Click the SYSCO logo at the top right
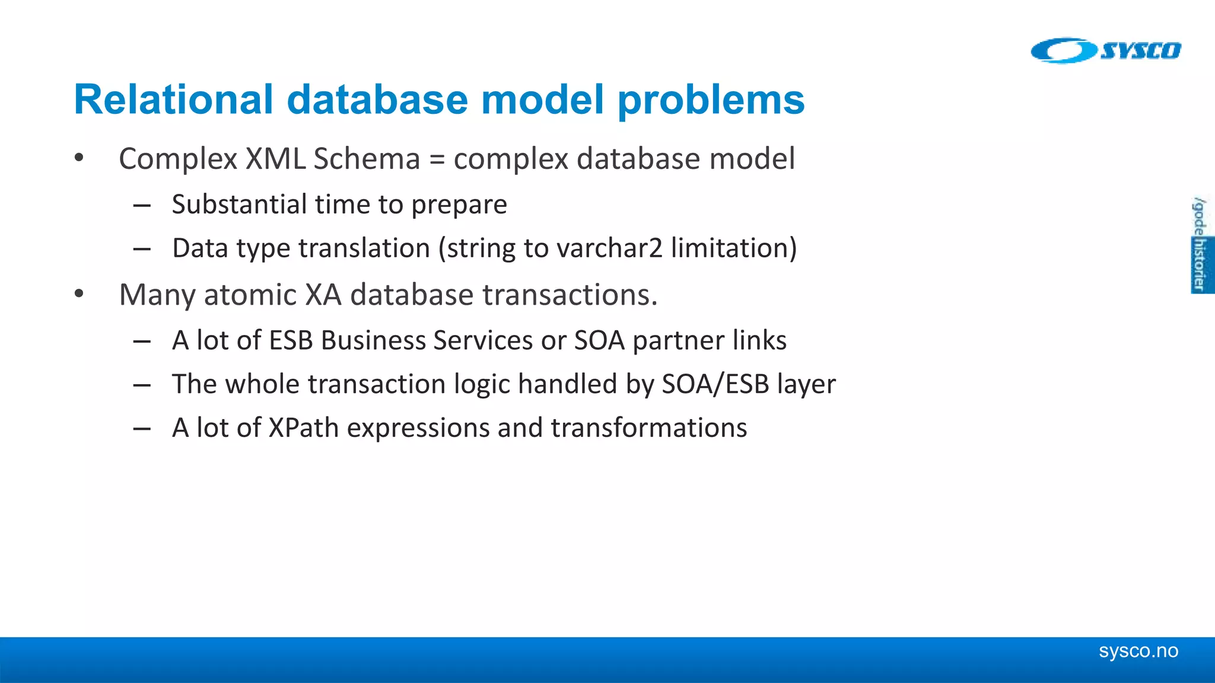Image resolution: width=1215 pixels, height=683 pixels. coord(1106,50)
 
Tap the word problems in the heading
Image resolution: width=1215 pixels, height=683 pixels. coord(711,99)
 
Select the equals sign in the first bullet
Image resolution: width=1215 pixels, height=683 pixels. coord(437,159)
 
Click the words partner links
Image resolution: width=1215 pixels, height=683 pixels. coord(709,341)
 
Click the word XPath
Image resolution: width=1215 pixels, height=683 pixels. coord(303,428)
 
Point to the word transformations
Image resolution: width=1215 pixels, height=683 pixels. coord(648,428)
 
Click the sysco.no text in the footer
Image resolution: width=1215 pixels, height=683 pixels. coord(1138,651)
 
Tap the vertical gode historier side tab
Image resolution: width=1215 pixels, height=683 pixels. coord(1200,244)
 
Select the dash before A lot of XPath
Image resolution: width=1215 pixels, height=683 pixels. coord(142,429)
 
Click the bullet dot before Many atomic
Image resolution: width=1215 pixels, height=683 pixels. coord(79,294)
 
